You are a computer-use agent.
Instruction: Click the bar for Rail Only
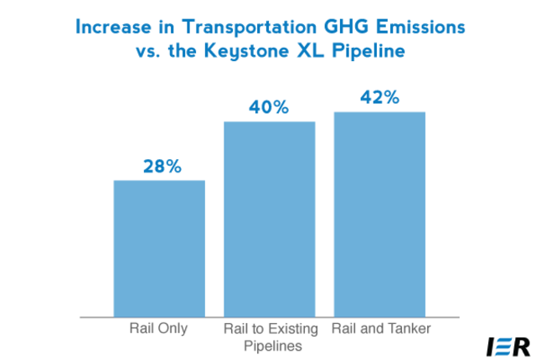(x=159, y=249)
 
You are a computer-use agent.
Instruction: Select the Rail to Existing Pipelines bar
(x=269, y=219)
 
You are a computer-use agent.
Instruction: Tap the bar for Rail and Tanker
(x=379, y=214)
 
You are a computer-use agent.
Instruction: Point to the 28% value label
(x=159, y=167)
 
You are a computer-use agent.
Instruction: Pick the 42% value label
(x=379, y=97)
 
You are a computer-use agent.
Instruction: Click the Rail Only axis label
(x=159, y=329)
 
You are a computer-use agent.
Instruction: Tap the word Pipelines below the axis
(x=269, y=345)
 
